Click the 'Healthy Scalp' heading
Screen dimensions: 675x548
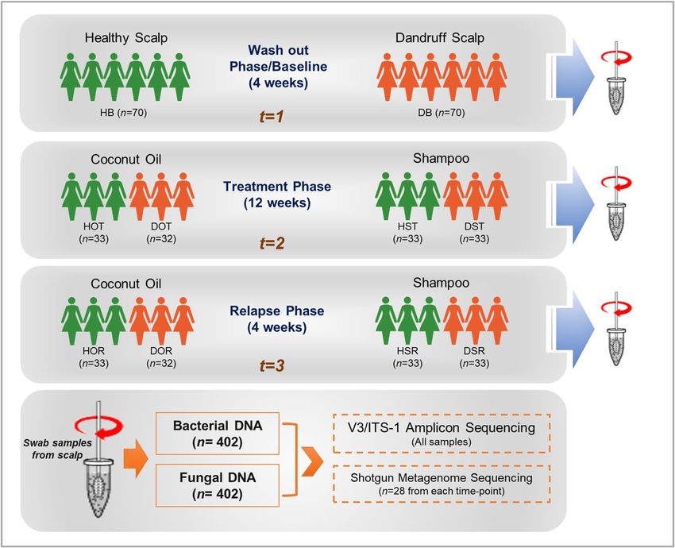(126, 38)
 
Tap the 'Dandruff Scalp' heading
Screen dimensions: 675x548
(440, 38)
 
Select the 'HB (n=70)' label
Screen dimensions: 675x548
(124, 113)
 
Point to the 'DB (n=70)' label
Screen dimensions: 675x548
(442, 113)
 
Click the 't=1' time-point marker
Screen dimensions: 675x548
(272, 117)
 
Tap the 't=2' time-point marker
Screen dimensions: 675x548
(272, 243)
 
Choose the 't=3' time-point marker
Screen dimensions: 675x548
(272, 366)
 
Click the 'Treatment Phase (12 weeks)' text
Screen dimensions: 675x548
(277, 195)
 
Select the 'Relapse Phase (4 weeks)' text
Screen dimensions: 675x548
(277, 319)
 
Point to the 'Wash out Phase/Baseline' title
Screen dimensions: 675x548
(278, 58)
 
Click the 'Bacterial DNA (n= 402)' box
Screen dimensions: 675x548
(218, 434)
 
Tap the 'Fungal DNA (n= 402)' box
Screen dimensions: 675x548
(218, 485)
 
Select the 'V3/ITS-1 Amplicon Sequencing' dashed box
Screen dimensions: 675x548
(442, 433)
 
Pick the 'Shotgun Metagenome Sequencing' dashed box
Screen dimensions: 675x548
(442, 484)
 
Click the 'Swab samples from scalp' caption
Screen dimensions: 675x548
(57, 449)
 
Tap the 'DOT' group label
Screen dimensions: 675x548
(161, 226)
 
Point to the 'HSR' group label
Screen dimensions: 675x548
(407, 351)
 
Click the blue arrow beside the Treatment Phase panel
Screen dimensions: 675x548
(570, 205)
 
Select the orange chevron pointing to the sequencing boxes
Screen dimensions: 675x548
(312, 461)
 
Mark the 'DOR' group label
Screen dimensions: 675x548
(161, 351)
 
